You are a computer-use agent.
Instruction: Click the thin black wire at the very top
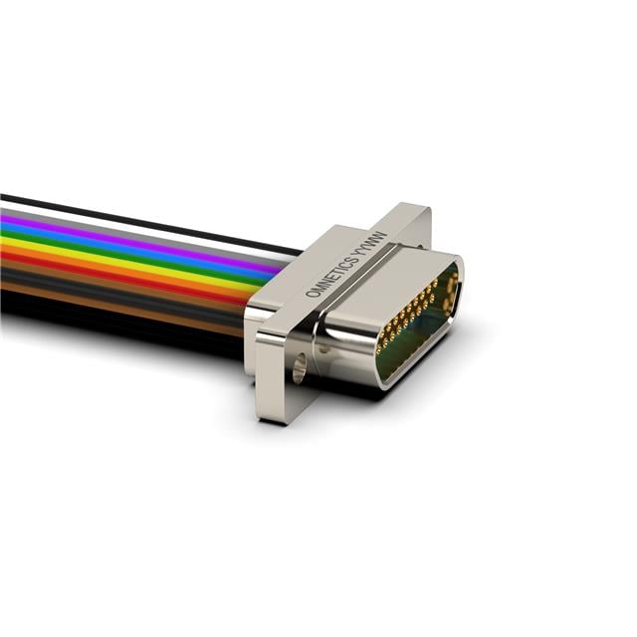[x=150, y=223]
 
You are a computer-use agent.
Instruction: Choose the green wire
[x=134, y=255]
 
